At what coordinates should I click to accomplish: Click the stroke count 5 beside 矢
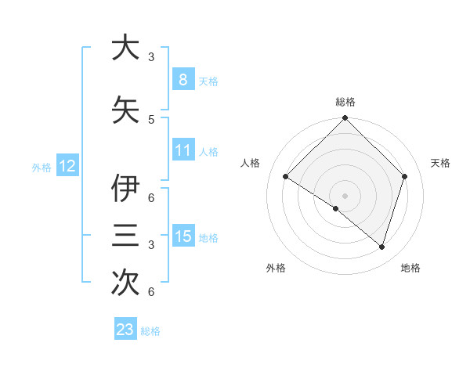(x=151, y=119)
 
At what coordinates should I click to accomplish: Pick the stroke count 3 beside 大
(x=151, y=57)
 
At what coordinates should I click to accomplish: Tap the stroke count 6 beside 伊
(x=151, y=197)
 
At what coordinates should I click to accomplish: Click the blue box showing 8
(x=183, y=80)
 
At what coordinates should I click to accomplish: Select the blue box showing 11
(x=183, y=150)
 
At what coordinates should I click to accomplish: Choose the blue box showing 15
(x=183, y=236)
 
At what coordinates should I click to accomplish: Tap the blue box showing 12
(x=67, y=166)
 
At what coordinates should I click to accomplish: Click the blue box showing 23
(x=125, y=330)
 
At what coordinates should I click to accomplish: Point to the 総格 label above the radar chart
(x=345, y=103)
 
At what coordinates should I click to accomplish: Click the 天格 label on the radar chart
(x=440, y=163)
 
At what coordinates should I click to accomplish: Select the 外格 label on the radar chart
(x=276, y=268)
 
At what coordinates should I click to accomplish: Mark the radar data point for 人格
(x=286, y=177)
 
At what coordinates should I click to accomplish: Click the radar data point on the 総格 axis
(x=345, y=118)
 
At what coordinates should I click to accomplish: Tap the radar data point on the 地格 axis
(x=381, y=247)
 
